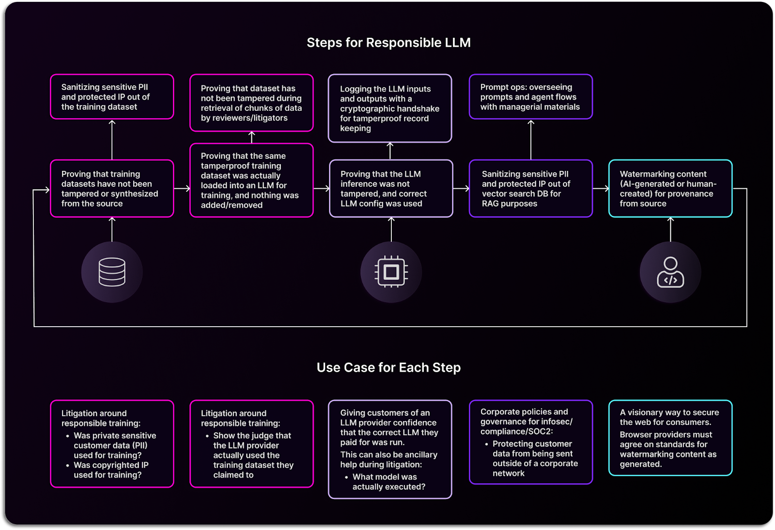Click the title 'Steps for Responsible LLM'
pyautogui.click(x=388, y=43)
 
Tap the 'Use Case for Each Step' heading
pyautogui.click(x=388, y=367)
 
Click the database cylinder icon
pyautogui.click(x=112, y=272)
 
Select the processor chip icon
pyautogui.click(x=391, y=272)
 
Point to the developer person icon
pyautogui.click(x=670, y=272)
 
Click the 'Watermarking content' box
pyautogui.click(x=670, y=188)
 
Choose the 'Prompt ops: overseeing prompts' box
pyautogui.click(x=531, y=97)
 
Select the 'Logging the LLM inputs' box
pyautogui.click(x=390, y=108)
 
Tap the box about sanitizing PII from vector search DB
pyautogui.click(x=531, y=188)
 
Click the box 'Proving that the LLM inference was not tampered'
pyautogui.click(x=391, y=188)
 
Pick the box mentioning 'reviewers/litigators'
pyautogui.click(x=251, y=103)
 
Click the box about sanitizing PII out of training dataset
pyautogui.click(x=112, y=97)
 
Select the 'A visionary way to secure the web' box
pyautogui.click(x=670, y=438)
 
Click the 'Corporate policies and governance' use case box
pyautogui.click(x=531, y=442)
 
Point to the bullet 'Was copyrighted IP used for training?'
pyautogui.click(x=111, y=470)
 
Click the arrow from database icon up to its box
pyautogui.click(x=112, y=229)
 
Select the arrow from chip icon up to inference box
pyautogui.click(x=391, y=229)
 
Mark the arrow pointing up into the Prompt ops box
pyautogui.click(x=531, y=139)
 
